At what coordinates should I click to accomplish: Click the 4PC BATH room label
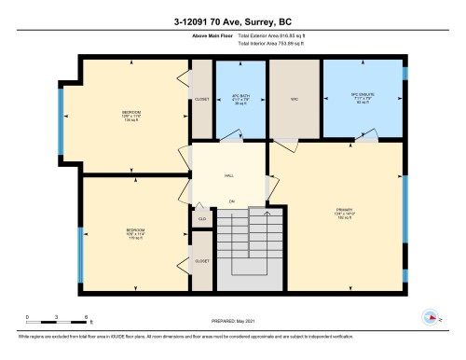coord(240,98)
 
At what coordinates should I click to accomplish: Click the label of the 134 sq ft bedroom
coord(130,115)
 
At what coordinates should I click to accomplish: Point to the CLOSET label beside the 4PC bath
coord(202,99)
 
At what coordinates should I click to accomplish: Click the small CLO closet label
coord(202,218)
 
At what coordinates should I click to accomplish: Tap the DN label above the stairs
coord(231,201)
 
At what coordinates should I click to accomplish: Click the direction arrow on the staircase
coord(267,216)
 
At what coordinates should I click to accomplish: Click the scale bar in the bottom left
coord(56,323)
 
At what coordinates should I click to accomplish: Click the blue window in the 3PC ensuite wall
coord(404,74)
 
